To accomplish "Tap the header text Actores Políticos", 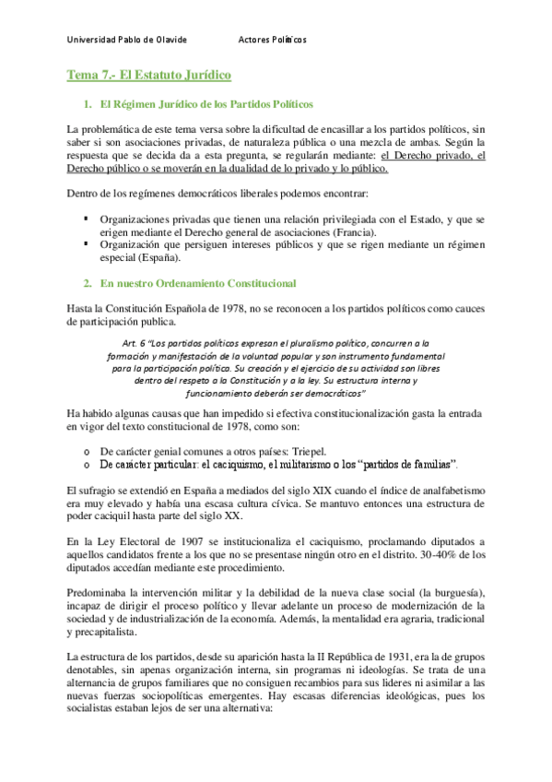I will [x=273, y=40].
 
